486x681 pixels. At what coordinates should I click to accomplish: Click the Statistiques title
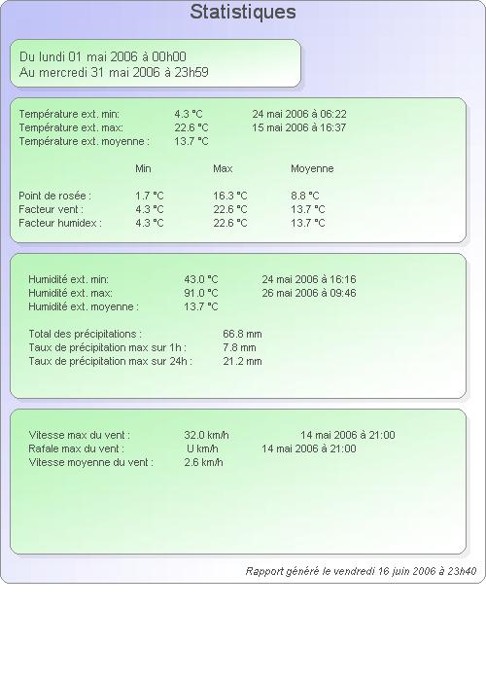pyautogui.click(x=243, y=12)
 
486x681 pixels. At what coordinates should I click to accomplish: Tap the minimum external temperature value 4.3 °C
pyautogui.click(x=189, y=114)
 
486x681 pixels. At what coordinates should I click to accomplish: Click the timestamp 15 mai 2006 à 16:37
pyautogui.click(x=299, y=127)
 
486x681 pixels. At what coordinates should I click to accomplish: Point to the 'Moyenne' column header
pyautogui.click(x=312, y=168)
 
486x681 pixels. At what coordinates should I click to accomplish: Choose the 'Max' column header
pyautogui.click(x=223, y=168)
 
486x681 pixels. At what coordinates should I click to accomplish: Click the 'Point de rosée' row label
pyautogui.click(x=54, y=196)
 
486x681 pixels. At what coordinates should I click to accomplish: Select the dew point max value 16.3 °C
pyautogui.click(x=230, y=196)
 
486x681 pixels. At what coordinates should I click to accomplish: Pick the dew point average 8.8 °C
pyautogui.click(x=305, y=196)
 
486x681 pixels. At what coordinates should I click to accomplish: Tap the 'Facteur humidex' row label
pyautogui.click(x=60, y=223)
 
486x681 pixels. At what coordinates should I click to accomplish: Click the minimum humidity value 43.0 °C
pyautogui.click(x=201, y=279)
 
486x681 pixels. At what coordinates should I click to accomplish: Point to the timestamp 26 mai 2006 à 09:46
pyautogui.click(x=309, y=293)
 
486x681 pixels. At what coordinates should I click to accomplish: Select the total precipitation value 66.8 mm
pyautogui.click(x=242, y=334)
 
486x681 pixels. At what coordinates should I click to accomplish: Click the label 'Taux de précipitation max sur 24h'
pyautogui.click(x=110, y=361)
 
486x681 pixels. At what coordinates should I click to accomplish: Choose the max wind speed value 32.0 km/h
pyautogui.click(x=206, y=435)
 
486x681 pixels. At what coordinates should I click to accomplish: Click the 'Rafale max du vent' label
pyautogui.click(x=77, y=448)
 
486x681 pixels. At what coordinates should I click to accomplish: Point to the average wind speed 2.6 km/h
pyautogui.click(x=203, y=462)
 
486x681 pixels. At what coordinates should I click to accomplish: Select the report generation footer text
pyautogui.click(x=361, y=571)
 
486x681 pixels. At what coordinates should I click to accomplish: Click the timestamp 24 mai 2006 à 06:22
pyautogui.click(x=299, y=114)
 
